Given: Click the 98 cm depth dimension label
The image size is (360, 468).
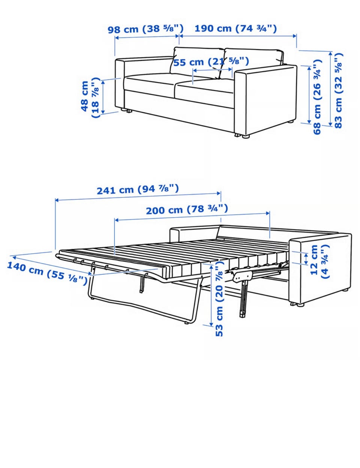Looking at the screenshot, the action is (145, 29).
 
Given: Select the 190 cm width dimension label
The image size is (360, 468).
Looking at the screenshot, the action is (235, 29).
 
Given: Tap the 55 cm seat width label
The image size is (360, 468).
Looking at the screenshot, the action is (211, 62).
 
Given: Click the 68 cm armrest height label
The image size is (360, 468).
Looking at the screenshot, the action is (317, 97).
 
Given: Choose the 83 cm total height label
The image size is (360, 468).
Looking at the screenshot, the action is (338, 90).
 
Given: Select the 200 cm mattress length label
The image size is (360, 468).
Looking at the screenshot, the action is (187, 209).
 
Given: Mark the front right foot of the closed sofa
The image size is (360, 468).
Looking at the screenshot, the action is (246, 136).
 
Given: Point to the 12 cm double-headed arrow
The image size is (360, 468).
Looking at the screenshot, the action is (306, 259).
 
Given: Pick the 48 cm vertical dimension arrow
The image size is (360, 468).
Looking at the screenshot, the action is (103, 96).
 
